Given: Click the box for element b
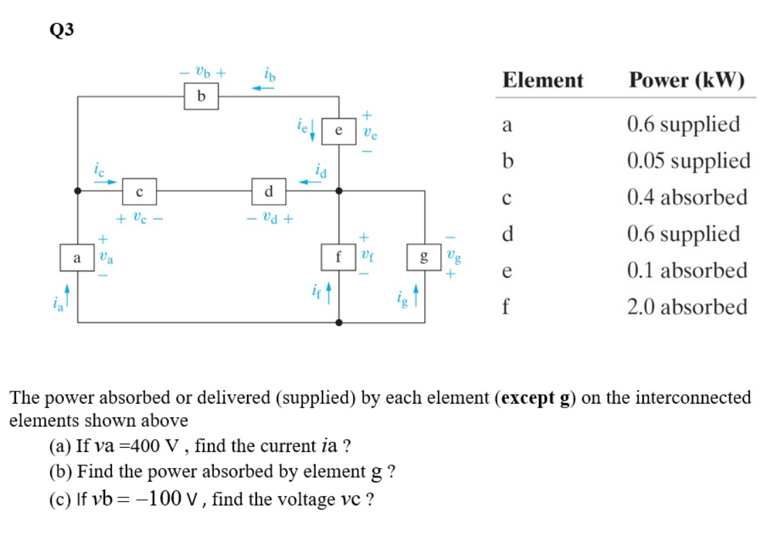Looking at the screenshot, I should (200, 97).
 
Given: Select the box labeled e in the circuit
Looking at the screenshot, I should (338, 132).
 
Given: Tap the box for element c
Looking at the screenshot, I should (139, 192).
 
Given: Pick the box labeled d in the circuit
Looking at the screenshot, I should (268, 192).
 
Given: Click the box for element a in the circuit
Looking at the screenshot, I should (77, 257).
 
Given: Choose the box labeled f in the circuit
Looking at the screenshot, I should (338, 257).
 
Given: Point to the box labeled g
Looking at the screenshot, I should (424, 257).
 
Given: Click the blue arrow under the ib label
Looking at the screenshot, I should (264, 88).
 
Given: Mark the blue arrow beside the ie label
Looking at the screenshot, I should (313, 132).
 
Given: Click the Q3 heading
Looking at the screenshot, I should (61, 30).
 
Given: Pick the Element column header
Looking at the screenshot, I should (542, 81).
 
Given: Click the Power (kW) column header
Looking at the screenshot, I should (686, 81).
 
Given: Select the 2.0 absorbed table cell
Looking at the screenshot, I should (687, 307).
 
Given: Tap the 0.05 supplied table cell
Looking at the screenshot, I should (688, 161).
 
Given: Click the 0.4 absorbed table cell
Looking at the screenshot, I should (687, 198).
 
